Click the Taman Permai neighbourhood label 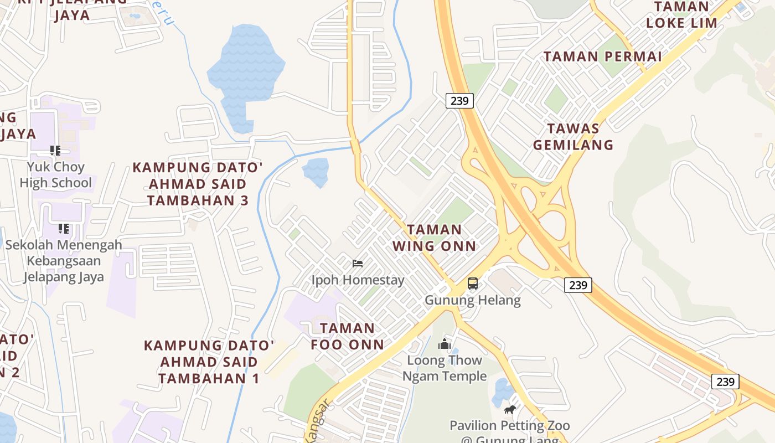[x=603, y=56]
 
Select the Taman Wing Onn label [x=435, y=238]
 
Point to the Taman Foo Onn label [x=347, y=336]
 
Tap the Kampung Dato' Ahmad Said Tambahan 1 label [x=209, y=362]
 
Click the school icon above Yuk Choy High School [x=55, y=150]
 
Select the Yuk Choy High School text [x=55, y=174]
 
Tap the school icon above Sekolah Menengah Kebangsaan [x=64, y=228]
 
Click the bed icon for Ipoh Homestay [x=358, y=263]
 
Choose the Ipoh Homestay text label [x=358, y=280]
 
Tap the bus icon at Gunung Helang [x=472, y=284]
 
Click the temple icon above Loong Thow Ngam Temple [x=445, y=344]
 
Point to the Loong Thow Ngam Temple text [x=445, y=368]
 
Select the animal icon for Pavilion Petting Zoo [x=510, y=410]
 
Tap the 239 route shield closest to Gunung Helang [x=578, y=285]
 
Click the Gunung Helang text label [x=473, y=301]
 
